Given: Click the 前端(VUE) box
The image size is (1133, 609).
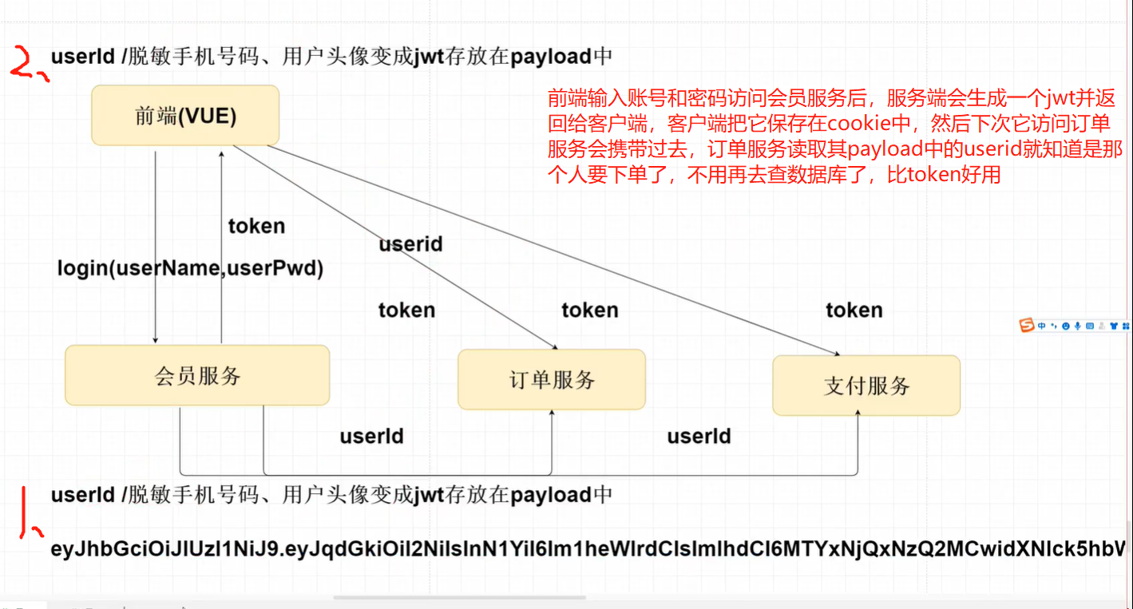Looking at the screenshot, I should (185, 116).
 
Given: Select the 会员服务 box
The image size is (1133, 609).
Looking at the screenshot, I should (197, 375).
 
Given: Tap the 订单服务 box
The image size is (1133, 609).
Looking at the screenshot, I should (552, 380).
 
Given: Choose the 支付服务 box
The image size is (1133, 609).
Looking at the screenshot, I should (866, 386).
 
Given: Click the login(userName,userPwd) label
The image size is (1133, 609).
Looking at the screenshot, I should (190, 268).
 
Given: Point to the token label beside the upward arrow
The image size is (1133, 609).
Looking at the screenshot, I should (256, 226).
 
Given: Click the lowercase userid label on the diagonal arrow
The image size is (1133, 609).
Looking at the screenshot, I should (410, 243).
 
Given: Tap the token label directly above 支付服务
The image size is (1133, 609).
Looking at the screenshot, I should (854, 310).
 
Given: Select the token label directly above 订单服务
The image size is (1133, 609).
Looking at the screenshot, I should (589, 310).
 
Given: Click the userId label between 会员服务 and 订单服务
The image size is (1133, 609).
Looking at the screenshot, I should (371, 436).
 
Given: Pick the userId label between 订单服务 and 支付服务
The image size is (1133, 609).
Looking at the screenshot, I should (699, 436).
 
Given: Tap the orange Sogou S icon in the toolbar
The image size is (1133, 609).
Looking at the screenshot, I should (1027, 325).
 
